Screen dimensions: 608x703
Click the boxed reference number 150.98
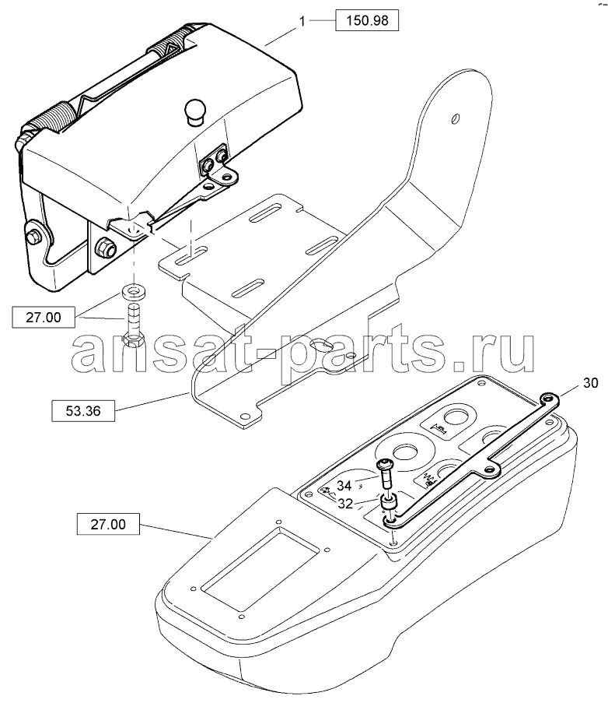(367, 20)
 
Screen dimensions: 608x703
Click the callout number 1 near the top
(302, 21)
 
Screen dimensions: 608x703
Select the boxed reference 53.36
(83, 411)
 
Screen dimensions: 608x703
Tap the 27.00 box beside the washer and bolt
(44, 318)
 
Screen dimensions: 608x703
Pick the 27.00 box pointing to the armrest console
(108, 524)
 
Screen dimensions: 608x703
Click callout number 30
(590, 383)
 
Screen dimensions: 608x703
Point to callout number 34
(344, 485)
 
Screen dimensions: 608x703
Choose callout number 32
(345, 504)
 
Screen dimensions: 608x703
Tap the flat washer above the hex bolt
(134, 292)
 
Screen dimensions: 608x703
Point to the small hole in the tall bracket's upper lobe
(455, 119)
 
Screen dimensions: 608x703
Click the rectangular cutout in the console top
(261, 569)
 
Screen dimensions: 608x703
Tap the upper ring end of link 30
(547, 398)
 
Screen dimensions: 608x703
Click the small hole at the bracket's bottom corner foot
(244, 415)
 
